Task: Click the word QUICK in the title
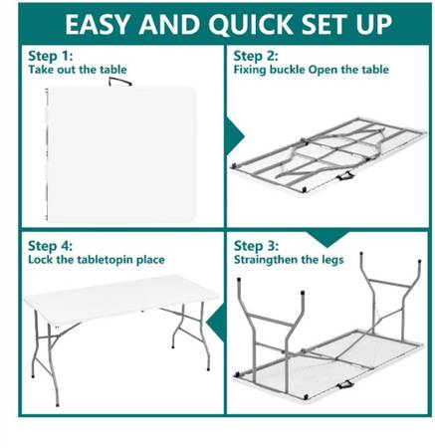pos(251,24)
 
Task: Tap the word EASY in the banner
pos(97,24)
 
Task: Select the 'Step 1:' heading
pos(51,56)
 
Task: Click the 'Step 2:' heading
pos(256,56)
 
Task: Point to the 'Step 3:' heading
pos(256,246)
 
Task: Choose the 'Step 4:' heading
pos(50,246)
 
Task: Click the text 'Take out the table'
pos(78,70)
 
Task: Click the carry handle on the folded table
pos(119,82)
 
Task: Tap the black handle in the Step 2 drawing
pos(345,175)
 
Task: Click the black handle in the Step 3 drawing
pos(345,385)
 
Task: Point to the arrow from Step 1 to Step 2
pos(235,136)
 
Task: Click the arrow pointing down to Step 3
pos(326,239)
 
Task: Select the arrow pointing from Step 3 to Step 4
pos(215,323)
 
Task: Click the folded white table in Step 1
pos(122,154)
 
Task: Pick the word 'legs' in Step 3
pos(330,260)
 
